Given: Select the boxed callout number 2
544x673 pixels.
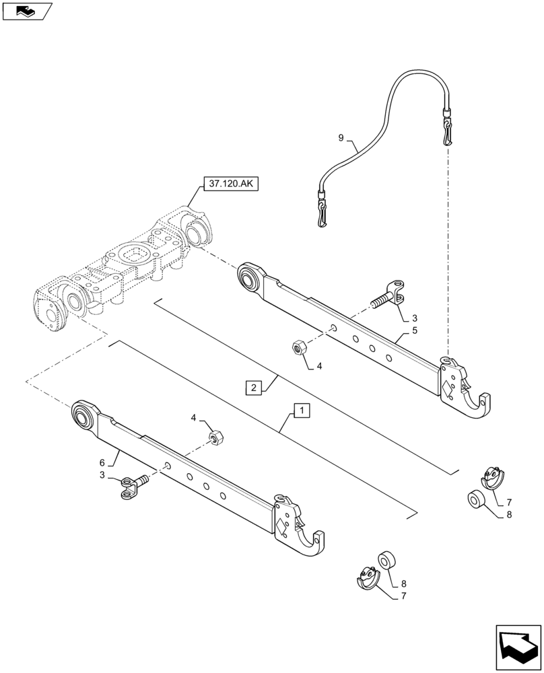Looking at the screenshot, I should pos(253,388).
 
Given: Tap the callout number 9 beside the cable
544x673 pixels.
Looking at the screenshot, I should pos(341,138).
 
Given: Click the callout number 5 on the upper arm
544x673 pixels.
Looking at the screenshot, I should pos(415,330).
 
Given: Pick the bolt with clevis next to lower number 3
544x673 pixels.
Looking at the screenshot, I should pos(135,486).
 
